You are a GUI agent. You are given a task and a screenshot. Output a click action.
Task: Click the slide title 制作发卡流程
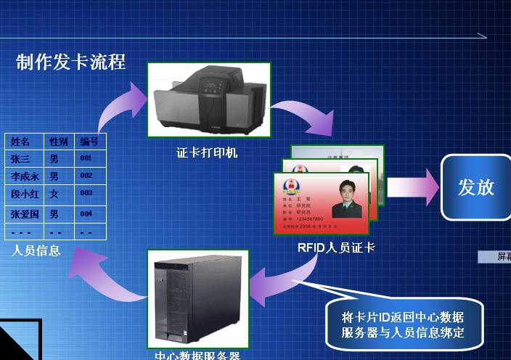click(x=70, y=62)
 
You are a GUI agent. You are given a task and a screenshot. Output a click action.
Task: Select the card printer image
click(x=208, y=100)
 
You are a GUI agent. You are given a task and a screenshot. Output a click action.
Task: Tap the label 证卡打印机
click(x=207, y=153)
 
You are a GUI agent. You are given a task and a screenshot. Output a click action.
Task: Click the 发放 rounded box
click(x=475, y=187)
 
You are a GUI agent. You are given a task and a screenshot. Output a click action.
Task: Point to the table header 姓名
click(x=21, y=142)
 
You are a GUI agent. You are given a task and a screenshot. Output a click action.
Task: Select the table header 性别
click(x=58, y=142)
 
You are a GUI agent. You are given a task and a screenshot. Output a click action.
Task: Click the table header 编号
click(x=89, y=142)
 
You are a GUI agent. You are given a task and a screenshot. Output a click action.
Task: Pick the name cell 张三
click(x=20, y=158)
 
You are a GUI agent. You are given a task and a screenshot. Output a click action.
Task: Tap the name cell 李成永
click(x=25, y=176)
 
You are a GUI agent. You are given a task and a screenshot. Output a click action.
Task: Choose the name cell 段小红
click(x=25, y=195)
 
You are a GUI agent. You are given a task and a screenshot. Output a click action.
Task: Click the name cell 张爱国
click(x=25, y=214)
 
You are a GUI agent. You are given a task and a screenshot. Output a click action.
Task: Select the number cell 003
click(x=86, y=194)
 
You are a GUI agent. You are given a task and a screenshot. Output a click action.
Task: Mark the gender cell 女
click(x=54, y=195)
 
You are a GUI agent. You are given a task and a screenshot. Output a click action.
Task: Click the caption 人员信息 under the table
click(x=36, y=251)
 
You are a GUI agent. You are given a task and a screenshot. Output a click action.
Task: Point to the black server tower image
click(x=197, y=298)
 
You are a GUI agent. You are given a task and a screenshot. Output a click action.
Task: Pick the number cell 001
click(x=86, y=158)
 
